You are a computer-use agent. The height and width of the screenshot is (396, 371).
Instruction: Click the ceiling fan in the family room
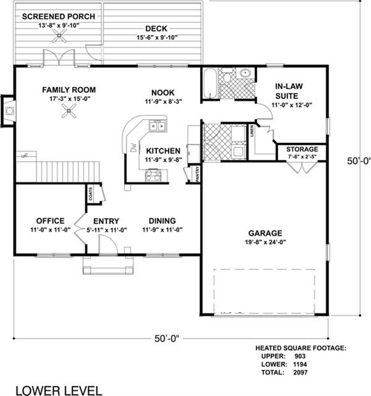tap(69, 111)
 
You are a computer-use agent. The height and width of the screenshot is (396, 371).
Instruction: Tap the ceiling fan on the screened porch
tap(59, 36)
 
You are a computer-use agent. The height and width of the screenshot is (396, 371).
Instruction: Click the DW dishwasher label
tap(133, 148)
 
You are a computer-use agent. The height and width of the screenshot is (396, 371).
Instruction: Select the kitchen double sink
tap(157, 125)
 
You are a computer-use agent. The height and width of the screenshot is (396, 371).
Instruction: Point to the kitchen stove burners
tap(153, 175)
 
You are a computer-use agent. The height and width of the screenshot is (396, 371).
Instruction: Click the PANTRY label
tap(197, 174)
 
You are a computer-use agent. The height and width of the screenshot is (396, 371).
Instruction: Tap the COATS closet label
tap(91, 194)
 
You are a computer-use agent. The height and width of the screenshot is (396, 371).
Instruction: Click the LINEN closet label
tap(252, 131)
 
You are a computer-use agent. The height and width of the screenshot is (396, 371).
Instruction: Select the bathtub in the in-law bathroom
tap(210, 84)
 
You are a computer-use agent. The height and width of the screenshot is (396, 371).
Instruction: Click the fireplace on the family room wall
tap(8, 111)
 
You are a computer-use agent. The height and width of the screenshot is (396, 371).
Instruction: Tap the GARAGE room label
tap(265, 233)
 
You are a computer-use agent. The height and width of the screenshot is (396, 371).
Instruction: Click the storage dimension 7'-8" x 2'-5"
tap(302, 157)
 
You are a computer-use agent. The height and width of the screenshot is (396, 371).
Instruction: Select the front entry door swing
tap(108, 244)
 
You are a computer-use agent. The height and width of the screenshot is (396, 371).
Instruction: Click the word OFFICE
tap(50, 221)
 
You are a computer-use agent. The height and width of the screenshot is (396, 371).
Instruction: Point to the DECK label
tap(156, 29)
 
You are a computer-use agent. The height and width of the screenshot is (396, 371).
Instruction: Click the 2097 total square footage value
tap(301, 372)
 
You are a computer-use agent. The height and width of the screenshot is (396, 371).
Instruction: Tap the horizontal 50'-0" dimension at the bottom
tap(167, 338)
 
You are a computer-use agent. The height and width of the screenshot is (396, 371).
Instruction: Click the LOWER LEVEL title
tap(59, 390)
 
